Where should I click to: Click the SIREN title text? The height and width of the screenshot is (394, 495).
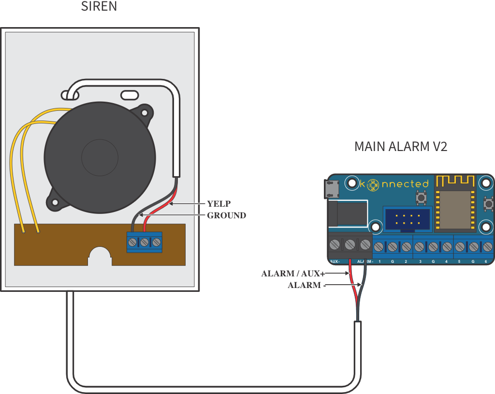tap(99, 7)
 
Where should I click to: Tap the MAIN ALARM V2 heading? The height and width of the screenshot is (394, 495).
tap(401, 146)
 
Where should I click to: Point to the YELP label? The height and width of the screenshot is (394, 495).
tap(218, 204)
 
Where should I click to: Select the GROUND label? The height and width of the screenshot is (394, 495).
tap(226, 215)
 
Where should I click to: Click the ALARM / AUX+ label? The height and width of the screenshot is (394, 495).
tap(291, 273)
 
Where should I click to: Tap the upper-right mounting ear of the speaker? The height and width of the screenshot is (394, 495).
tap(144, 112)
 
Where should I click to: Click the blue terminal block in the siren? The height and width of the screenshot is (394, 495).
tap(144, 242)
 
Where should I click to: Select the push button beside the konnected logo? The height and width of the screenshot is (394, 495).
tap(420, 197)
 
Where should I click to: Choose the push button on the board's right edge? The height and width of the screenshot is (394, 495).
tap(488, 204)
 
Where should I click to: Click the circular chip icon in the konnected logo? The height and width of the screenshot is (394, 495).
tap(373, 184)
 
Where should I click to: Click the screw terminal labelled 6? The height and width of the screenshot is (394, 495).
tap(486, 247)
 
